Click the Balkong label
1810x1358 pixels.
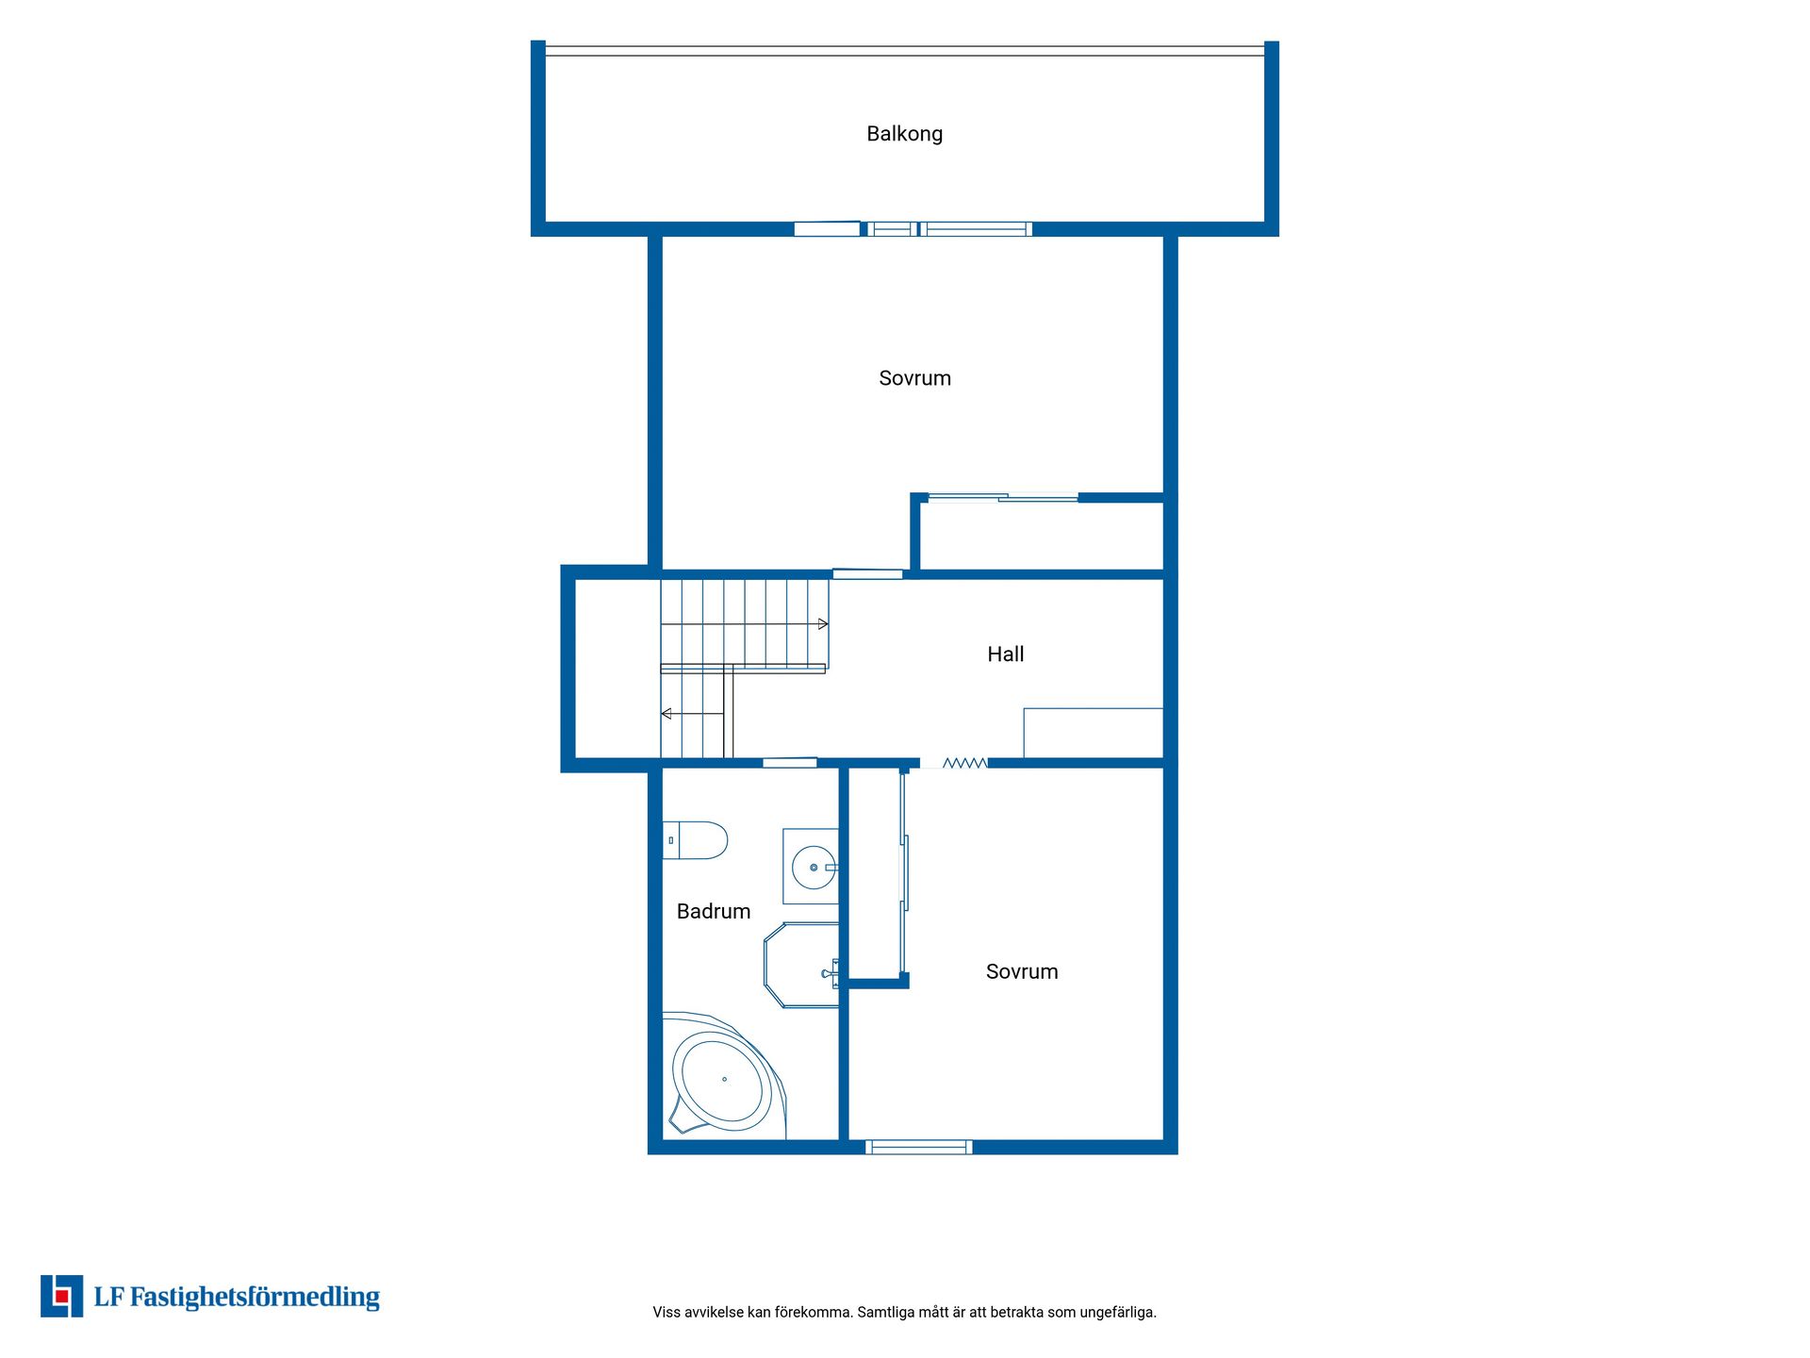(904, 134)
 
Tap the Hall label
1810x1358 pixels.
(1005, 654)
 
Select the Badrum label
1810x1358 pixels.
(714, 911)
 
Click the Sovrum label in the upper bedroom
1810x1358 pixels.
(914, 378)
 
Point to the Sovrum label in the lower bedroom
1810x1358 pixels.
(1022, 971)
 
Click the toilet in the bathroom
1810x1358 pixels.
(695, 840)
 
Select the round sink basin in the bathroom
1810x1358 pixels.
(814, 868)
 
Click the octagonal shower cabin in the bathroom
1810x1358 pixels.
(800, 966)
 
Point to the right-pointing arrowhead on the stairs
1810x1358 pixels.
(823, 624)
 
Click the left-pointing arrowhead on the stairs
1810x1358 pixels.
(666, 714)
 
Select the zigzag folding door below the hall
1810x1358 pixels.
(965, 763)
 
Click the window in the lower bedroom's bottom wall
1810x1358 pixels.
(919, 1147)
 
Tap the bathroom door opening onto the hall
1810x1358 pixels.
(790, 763)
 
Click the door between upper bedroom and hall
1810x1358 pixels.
(868, 573)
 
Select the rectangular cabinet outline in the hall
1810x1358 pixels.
(1094, 733)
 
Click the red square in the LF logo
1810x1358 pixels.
(62, 1297)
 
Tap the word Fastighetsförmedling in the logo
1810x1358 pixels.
(255, 1298)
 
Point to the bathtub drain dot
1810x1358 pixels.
(725, 1079)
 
